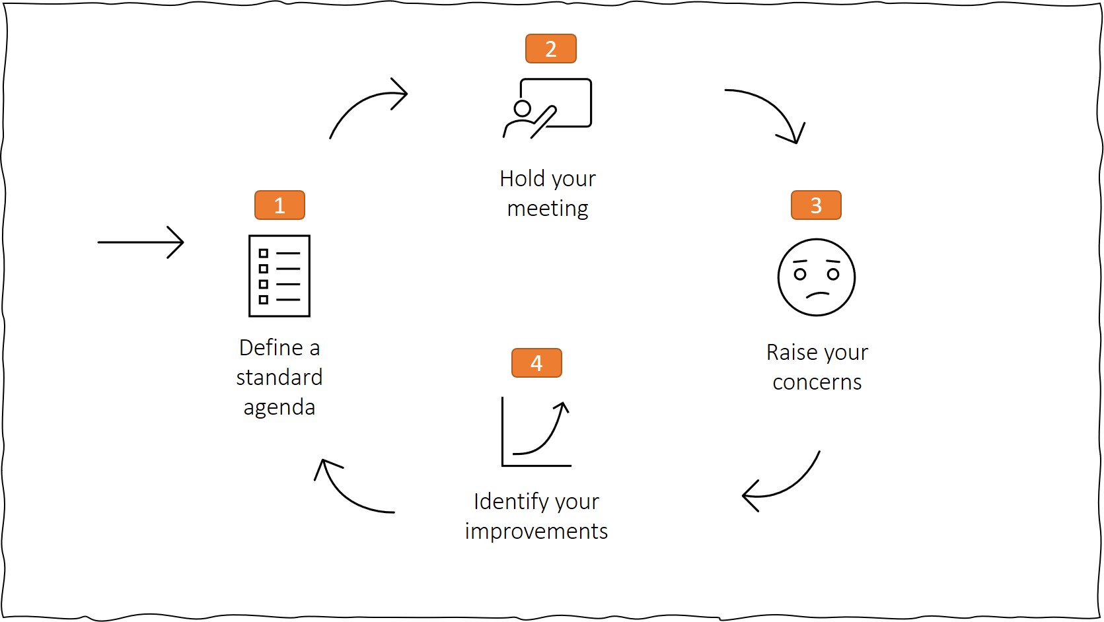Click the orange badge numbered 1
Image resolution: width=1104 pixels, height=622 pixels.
click(x=279, y=205)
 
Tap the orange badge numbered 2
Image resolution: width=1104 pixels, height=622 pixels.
click(x=550, y=49)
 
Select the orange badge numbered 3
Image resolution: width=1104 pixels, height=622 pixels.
click(x=816, y=205)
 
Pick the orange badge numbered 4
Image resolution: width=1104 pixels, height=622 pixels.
click(x=536, y=363)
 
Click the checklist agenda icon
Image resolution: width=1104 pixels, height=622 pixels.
click(x=279, y=276)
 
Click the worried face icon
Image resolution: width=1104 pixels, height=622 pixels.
click(x=817, y=277)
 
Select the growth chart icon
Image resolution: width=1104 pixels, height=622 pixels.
click(x=536, y=433)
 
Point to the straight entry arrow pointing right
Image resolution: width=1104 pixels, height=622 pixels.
click(x=140, y=242)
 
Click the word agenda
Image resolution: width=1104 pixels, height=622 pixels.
click(x=279, y=407)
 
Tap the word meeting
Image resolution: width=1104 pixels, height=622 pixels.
click(x=548, y=209)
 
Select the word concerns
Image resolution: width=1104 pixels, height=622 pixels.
click(x=817, y=382)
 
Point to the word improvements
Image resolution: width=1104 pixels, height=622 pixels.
click(x=536, y=532)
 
